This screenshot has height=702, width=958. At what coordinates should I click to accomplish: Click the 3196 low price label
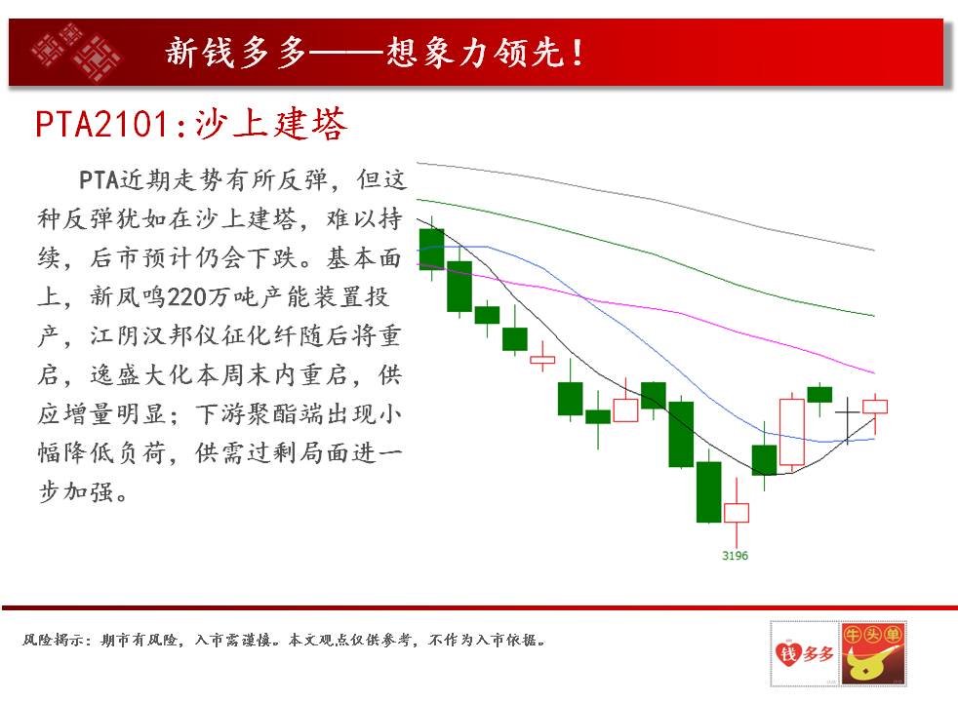coord(735,556)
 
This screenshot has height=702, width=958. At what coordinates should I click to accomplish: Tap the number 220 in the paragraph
coord(187,297)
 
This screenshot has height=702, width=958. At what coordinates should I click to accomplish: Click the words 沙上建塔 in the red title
coord(271,125)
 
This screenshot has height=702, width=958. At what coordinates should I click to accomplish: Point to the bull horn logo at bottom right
coord(872,654)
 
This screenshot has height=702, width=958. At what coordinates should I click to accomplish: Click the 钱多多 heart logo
coord(804,654)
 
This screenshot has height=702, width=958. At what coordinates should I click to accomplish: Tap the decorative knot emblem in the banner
coord(76,52)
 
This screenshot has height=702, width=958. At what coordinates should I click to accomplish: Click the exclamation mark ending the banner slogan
coord(577,53)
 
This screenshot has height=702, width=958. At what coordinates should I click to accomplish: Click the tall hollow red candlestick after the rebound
coord(792,432)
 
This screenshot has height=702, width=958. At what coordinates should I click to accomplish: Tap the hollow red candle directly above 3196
coord(737,513)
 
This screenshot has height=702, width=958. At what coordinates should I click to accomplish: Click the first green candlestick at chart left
coord(432,249)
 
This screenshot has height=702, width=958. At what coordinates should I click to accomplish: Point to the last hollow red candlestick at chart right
coord(875,407)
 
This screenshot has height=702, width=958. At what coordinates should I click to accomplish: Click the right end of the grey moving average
coord(874,250)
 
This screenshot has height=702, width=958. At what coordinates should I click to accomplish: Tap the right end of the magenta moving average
coord(874,372)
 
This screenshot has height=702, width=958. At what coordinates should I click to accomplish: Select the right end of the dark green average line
coord(874,316)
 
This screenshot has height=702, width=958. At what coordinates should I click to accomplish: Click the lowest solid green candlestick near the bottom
coord(708,491)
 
